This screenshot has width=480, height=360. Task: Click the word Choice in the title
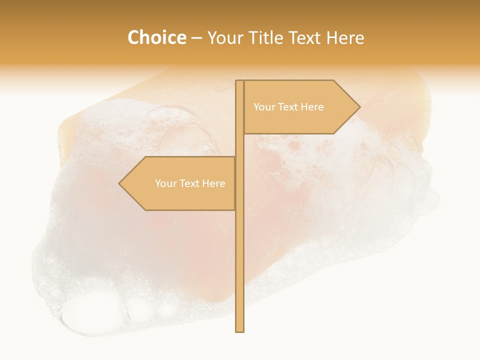[156, 37]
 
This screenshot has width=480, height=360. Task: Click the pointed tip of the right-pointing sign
[359, 106]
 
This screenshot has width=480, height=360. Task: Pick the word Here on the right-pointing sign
[312, 107]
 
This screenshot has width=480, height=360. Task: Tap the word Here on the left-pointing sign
[213, 183]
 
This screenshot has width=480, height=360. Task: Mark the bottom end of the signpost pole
[239, 330]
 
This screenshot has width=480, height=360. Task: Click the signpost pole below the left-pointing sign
[239, 270]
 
